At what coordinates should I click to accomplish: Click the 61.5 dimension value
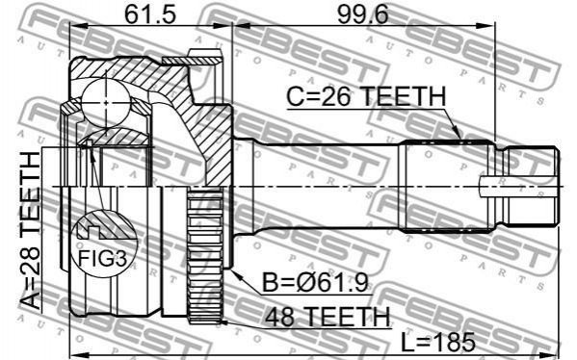[150, 15]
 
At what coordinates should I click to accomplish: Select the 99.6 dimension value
[363, 15]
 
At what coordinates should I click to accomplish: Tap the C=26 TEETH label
[366, 96]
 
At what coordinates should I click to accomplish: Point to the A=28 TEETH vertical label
[30, 231]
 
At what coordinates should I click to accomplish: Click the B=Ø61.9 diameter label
[315, 283]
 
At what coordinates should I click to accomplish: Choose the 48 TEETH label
[328, 317]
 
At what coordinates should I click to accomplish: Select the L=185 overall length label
[437, 342]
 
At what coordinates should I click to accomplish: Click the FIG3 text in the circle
[103, 259]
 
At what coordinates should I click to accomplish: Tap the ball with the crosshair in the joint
[106, 103]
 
